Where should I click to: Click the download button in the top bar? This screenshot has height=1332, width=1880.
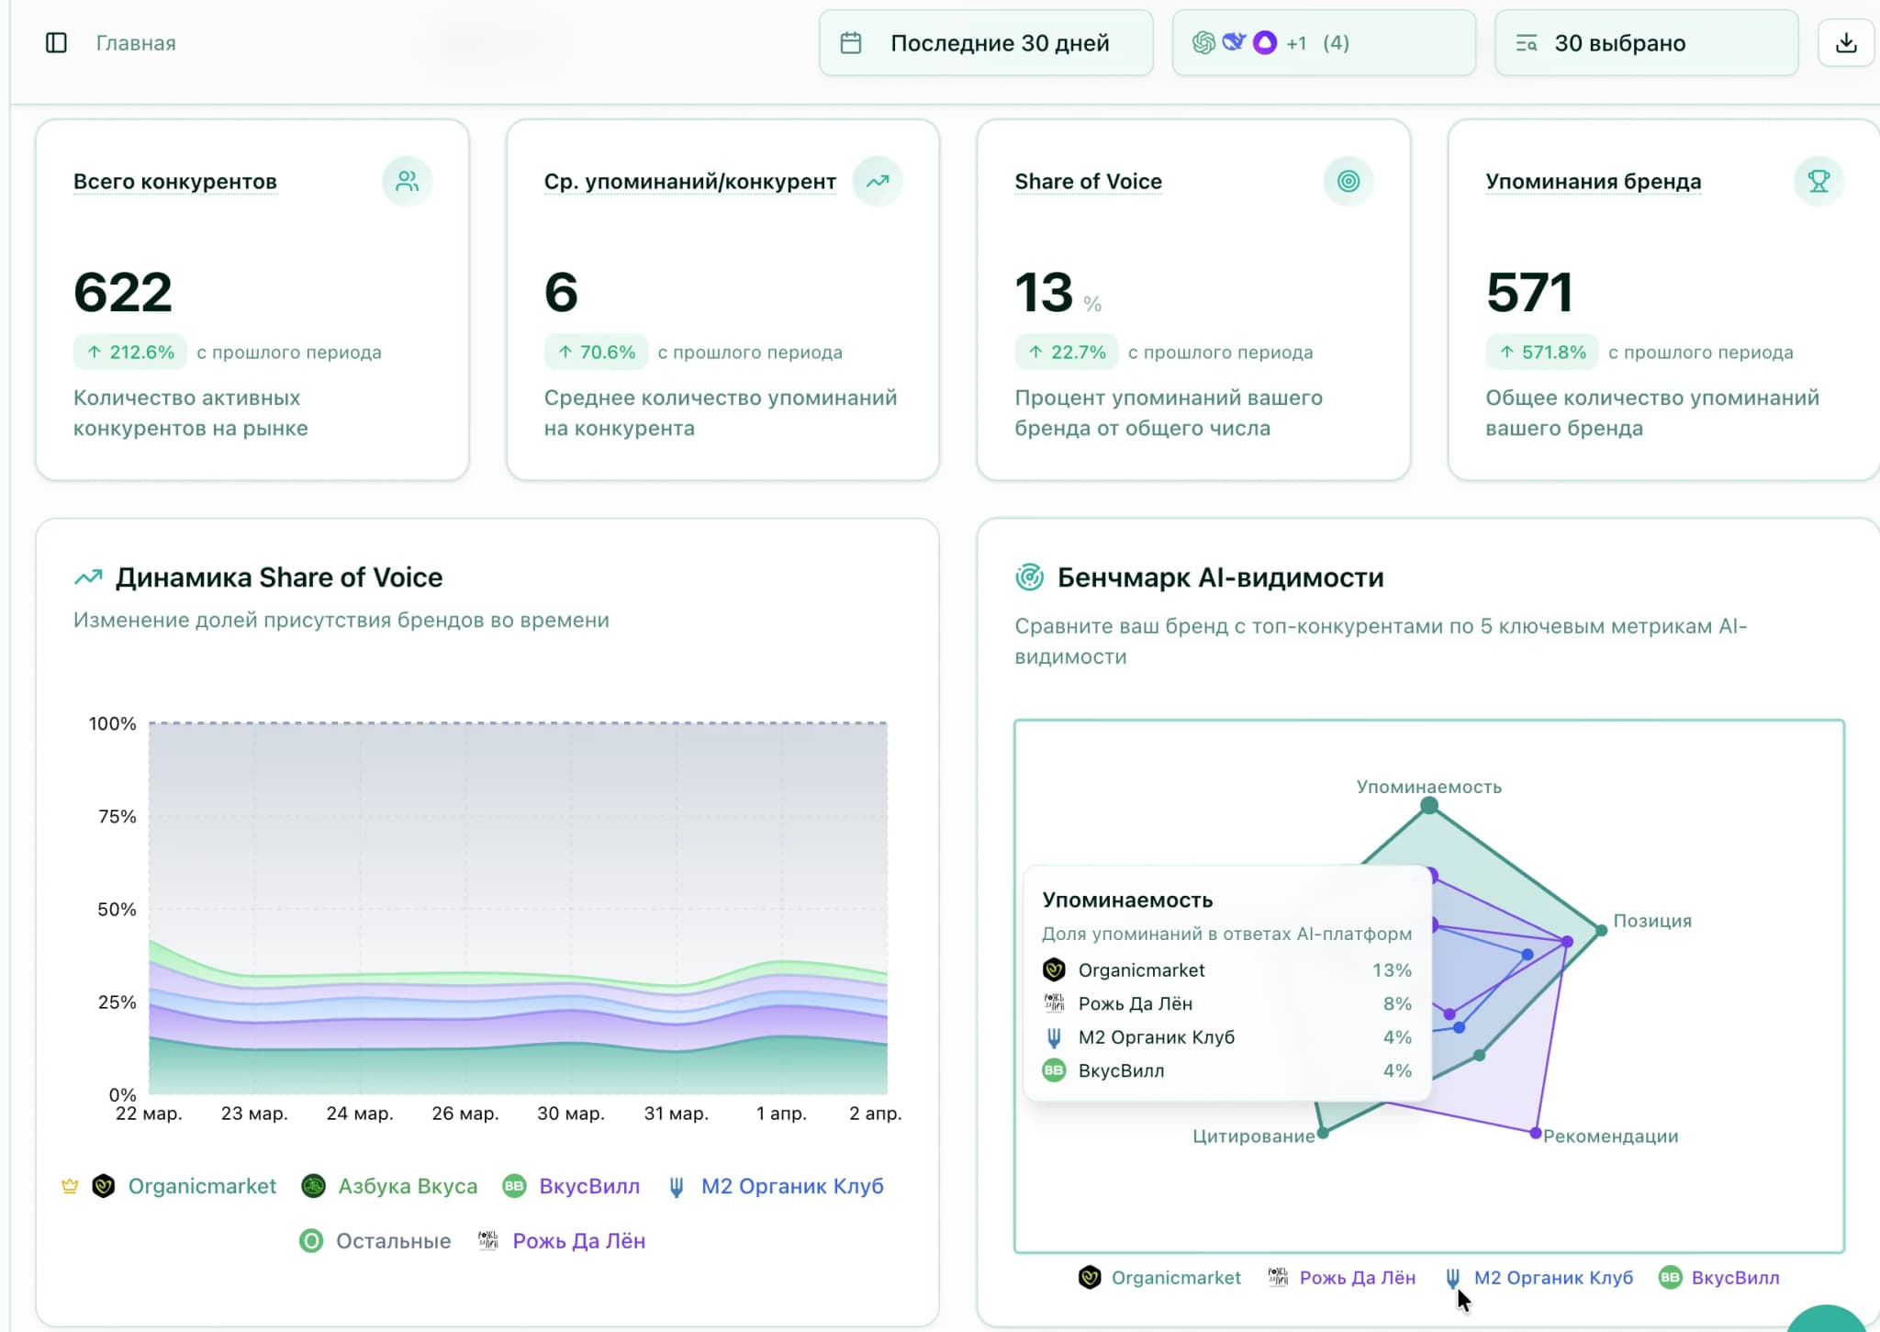(x=1846, y=43)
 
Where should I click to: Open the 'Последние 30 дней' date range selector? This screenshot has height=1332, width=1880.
(x=986, y=43)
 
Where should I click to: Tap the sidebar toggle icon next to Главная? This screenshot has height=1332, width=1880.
(x=56, y=43)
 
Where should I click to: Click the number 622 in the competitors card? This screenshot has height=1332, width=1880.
(x=123, y=292)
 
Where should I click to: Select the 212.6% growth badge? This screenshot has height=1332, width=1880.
(x=130, y=353)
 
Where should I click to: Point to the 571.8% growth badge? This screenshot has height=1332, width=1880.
(x=1542, y=353)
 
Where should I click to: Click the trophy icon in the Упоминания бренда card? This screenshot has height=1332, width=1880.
(x=1818, y=181)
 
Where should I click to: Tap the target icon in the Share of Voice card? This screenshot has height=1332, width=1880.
(x=1348, y=181)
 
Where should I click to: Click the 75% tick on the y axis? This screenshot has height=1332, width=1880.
(x=117, y=816)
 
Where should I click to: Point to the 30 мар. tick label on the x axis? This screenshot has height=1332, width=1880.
(x=570, y=1113)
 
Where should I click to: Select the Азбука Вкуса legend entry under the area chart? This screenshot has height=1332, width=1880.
(x=390, y=1186)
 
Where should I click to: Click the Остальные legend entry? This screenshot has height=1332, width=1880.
(x=376, y=1241)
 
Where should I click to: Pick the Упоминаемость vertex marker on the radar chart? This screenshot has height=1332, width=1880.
(x=1429, y=806)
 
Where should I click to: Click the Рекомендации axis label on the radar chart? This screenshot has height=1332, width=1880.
(x=1610, y=1136)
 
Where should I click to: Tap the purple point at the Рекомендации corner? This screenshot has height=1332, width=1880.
(x=1536, y=1134)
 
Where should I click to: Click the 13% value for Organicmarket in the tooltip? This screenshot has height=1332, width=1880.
(x=1392, y=970)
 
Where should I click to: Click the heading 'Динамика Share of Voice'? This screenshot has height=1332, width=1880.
(x=278, y=577)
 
